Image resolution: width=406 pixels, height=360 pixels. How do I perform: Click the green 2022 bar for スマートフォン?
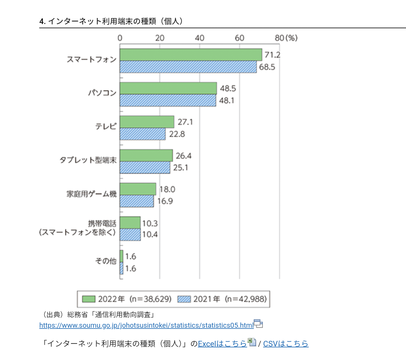(191, 55)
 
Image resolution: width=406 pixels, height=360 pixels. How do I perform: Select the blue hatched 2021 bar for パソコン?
(168, 101)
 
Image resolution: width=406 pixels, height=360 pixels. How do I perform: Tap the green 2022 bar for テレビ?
(147, 122)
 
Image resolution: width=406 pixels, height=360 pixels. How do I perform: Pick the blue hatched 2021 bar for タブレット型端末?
(145, 168)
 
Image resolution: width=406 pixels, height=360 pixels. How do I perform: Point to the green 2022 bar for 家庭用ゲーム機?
(138, 189)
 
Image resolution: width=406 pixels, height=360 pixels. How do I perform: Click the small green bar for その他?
(121, 256)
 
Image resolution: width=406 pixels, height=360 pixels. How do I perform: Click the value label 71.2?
(272, 55)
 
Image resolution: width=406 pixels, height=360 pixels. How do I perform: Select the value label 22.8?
(177, 134)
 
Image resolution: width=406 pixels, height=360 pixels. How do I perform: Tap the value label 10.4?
(150, 235)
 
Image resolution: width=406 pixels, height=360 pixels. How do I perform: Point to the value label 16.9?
(165, 201)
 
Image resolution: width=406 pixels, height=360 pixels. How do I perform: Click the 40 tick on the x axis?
(200, 38)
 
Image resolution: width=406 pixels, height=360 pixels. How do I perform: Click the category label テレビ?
(106, 127)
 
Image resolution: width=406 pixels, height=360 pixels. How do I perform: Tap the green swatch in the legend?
(89, 299)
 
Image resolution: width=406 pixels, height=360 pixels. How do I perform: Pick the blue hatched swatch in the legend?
(184, 299)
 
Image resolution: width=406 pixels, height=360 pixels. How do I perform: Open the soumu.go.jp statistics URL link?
(146, 325)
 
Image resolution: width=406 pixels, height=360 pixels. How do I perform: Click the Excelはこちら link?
(222, 343)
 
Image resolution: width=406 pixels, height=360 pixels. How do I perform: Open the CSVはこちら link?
(285, 343)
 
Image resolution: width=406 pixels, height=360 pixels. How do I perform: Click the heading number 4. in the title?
(42, 21)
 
